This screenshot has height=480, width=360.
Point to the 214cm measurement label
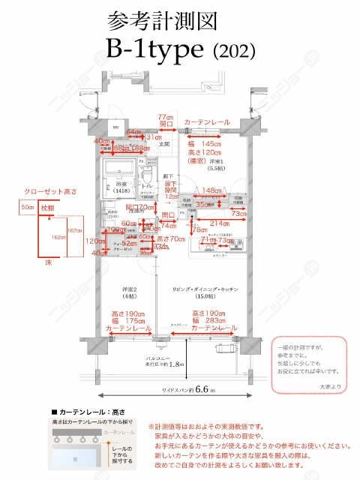[219, 223]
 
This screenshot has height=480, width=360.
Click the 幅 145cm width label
[204, 143]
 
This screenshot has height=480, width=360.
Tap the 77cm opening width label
[166, 118]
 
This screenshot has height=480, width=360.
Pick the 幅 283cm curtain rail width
[209, 320]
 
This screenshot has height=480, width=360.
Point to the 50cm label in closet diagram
[27, 205]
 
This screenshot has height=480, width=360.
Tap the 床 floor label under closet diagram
[46, 264]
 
